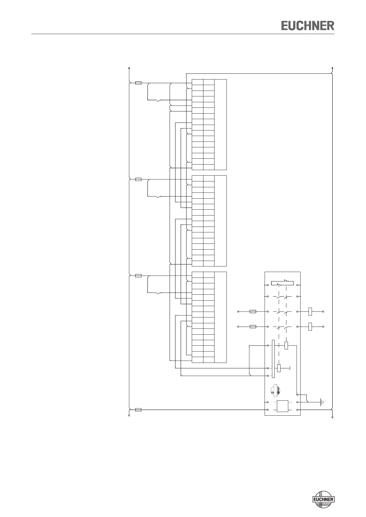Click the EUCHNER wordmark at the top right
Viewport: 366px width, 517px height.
click(x=308, y=25)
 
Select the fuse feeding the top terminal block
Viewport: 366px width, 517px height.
click(x=138, y=83)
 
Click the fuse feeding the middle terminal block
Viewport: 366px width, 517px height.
click(x=138, y=179)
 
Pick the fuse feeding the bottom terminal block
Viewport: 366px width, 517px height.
click(x=138, y=276)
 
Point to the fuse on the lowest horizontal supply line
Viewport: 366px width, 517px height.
click(x=138, y=410)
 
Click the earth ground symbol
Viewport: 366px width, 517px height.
click(x=321, y=402)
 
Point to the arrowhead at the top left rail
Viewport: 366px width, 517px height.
click(x=129, y=68)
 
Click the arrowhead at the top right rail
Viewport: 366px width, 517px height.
click(x=333, y=68)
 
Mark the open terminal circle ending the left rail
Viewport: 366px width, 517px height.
click(x=129, y=416)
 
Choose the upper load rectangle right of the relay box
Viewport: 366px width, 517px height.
click(x=310, y=311)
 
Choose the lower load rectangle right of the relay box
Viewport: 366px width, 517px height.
click(x=310, y=327)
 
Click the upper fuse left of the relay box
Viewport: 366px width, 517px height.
click(x=253, y=311)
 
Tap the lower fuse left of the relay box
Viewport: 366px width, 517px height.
click(x=253, y=327)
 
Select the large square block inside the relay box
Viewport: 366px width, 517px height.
click(x=282, y=406)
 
